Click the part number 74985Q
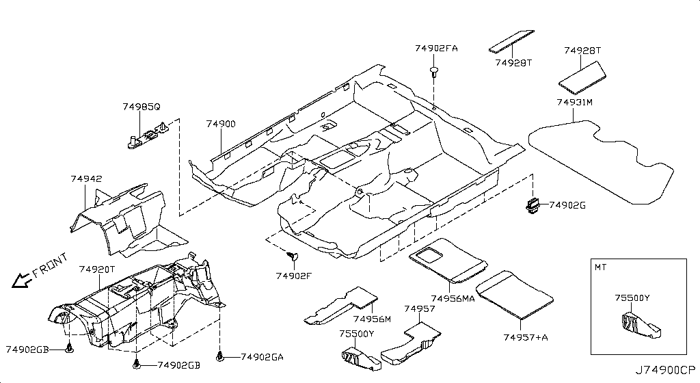tap(142, 107)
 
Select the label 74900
tap(221, 124)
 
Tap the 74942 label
tap(86, 179)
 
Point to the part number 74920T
tap(97, 269)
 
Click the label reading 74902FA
tap(436, 49)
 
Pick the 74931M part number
tap(574, 102)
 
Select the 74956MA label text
tap(453, 299)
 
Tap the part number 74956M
tap(372, 319)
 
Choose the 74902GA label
tap(262, 356)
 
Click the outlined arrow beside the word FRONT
tap(21, 279)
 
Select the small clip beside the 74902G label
tap(533, 203)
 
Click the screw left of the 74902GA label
tap(220, 356)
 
